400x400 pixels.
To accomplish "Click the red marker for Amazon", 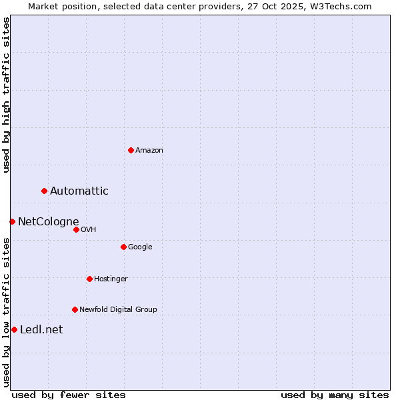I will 131,150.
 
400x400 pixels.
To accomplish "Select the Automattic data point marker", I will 45,191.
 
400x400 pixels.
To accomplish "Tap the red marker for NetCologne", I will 12,221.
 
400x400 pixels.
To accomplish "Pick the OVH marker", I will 76,229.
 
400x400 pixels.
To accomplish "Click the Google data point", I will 123,247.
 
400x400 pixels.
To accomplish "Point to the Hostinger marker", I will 89,279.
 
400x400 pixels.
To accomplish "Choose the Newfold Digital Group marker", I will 75,309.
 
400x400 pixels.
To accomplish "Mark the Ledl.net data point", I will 14,329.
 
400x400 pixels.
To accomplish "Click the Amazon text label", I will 149,151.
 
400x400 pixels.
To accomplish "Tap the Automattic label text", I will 79,191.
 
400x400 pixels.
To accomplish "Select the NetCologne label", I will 49,221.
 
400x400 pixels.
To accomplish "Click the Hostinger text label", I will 111,279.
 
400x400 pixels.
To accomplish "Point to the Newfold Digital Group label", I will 118,309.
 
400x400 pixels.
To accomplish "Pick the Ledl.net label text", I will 41,329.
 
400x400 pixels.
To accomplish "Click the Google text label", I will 140,247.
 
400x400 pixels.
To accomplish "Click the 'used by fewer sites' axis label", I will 69,395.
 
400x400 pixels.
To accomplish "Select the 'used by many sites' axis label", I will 335,395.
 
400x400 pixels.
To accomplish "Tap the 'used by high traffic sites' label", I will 6,95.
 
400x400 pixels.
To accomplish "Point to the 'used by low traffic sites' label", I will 6,312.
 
